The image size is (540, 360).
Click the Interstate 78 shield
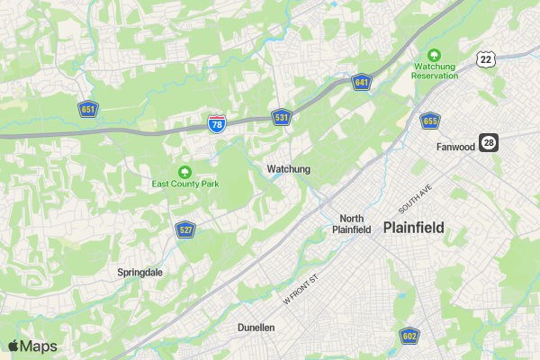(216, 124)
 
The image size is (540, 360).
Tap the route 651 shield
(87, 110)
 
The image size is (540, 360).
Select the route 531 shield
(282, 118)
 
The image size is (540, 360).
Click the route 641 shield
(361, 83)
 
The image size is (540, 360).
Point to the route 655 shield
(429, 121)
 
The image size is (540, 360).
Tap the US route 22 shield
(486, 59)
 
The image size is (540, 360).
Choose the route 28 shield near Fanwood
(489, 143)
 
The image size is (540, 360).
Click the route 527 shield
(185, 229)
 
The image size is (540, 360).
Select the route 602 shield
(409, 336)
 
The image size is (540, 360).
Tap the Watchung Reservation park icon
(435, 55)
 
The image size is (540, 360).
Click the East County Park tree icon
(185, 171)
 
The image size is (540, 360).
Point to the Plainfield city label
(413, 228)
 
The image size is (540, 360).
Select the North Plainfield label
(351, 223)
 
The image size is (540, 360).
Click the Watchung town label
(288, 169)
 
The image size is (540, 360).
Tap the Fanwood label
(455, 147)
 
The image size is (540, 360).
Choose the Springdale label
(140, 272)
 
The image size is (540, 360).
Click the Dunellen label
(256, 328)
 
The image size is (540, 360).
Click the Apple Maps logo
(32, 346)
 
